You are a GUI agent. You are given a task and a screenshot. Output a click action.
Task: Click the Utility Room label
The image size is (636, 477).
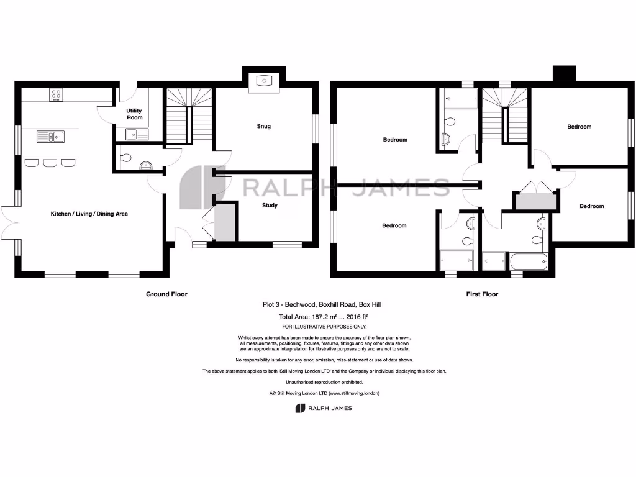pos(135,114)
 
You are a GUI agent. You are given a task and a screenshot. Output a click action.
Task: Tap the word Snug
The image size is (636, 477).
pos(264,127)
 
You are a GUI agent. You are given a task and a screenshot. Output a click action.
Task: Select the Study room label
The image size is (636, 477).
pos(270,205)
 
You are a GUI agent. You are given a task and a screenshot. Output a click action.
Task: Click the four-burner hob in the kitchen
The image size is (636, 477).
pos(56,95)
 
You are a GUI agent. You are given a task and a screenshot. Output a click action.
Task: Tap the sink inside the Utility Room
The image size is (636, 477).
pos(132,133)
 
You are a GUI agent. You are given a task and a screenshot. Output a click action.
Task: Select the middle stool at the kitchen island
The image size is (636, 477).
pos(49,163)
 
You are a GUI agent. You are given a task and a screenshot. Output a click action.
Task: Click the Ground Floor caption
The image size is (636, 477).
pos(166,294)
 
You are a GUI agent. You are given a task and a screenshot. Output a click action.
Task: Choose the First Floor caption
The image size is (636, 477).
pos(482,294)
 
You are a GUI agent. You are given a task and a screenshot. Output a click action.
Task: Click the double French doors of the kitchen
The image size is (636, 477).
pos(12,222)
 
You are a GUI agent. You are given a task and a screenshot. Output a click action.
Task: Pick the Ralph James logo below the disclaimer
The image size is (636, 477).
pos(323,408)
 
